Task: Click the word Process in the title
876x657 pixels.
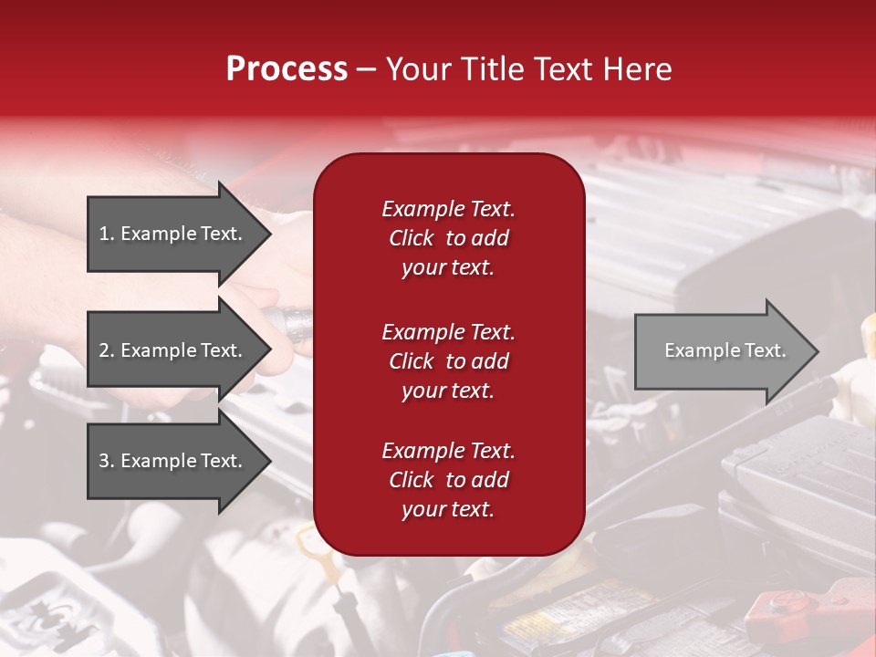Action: click(287, 68)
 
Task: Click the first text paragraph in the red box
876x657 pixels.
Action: click(448, 238)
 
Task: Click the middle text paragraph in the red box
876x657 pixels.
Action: click(448, 361)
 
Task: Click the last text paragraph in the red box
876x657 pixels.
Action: click(448, 480)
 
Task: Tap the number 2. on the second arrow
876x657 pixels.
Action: click(106, 350)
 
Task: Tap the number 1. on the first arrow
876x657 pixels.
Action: click(106, 234)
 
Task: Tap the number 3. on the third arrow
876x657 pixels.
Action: click(106, 461)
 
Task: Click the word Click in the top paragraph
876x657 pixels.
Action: click(411, 238)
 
